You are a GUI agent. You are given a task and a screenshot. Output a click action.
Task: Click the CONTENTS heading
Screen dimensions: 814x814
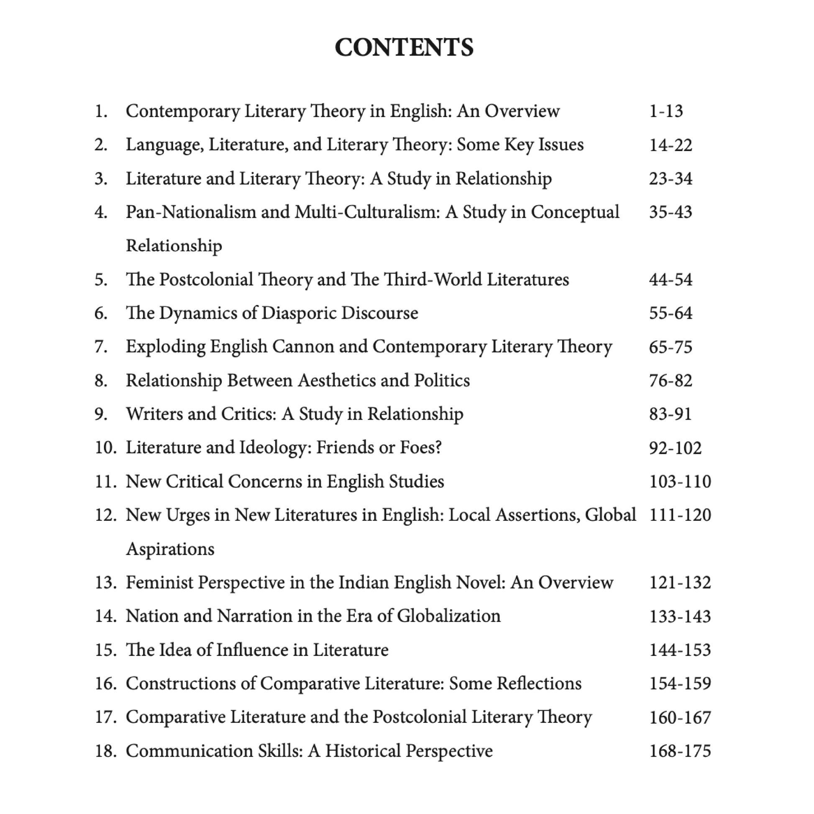[404, 47]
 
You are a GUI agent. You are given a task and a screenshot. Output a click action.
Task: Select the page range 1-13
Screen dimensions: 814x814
[666, 111]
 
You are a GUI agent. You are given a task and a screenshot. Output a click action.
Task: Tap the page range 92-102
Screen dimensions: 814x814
[675, 448]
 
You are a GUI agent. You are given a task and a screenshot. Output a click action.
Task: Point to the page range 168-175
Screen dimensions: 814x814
[680, 751]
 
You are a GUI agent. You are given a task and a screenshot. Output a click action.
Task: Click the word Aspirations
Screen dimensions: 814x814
[170, 549]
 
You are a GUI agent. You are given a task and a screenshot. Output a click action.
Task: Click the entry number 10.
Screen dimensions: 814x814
[105, 448]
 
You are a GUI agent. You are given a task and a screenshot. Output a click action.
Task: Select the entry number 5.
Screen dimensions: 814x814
[101, 280]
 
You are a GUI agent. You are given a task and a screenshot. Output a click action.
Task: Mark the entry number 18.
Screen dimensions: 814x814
[105, 751]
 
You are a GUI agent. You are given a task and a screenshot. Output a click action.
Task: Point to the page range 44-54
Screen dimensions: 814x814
[671, 280]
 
